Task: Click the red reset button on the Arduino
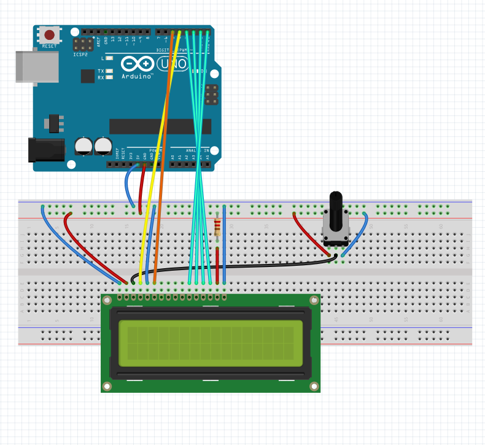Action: tap(49, 35)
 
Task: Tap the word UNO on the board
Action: tap(170, 63)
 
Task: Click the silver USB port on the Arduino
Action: tap(37, 66)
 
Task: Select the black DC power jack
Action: tap(47, 149)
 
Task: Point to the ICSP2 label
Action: tap(80, 55)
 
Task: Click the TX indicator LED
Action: tap(109, 71)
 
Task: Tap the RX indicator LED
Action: tap(109, 78)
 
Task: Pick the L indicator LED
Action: tap(109, 58)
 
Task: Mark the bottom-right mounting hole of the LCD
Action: tap(314, 386)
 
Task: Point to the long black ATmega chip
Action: tap(160, 126)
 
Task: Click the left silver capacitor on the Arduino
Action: tap(83, 146)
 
